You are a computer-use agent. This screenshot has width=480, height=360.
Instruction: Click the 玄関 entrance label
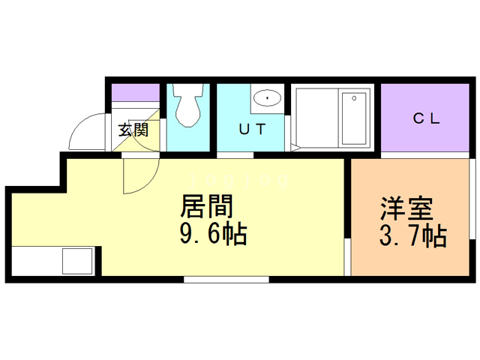(133, 128)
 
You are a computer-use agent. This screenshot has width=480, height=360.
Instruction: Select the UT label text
(251, 128)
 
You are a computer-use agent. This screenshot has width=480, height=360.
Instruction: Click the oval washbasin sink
(265, 97)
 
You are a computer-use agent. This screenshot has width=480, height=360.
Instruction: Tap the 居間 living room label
(206, 205)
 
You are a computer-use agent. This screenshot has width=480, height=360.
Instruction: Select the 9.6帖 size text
(214, 235)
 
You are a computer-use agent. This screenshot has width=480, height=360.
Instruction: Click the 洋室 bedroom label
(406, 206)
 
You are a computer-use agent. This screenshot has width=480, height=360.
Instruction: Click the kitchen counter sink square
(76, 262)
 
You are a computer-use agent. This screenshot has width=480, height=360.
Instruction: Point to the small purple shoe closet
(136, 93)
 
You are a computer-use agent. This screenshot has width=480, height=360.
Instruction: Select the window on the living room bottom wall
(226, 280)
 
